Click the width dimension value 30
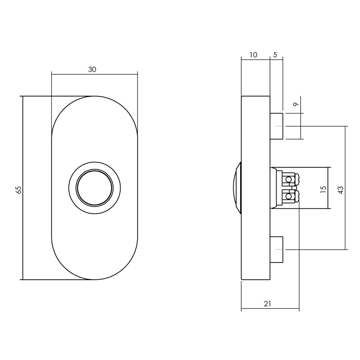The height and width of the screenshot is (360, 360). coord(92,70)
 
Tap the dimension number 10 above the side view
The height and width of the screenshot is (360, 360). coord(253,55)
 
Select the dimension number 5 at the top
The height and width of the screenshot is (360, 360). coord(275,55)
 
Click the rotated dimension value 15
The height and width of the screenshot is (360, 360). coord(323,188)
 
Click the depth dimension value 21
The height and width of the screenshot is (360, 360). coord(267,304)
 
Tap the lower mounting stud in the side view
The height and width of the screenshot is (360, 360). coord(276,249)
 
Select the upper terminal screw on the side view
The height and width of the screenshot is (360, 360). coord(288,179)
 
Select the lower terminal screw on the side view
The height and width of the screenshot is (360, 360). coord(288,196)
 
